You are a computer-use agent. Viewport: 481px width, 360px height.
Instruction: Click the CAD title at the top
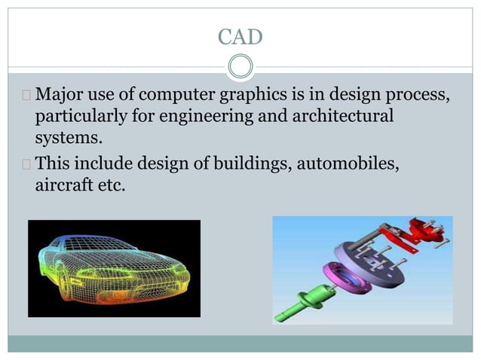(240, 35)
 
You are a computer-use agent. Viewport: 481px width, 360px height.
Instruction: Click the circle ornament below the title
(240, 67)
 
